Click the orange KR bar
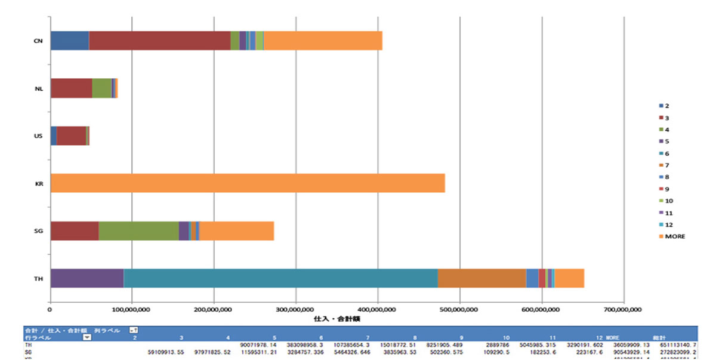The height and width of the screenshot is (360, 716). click(x=248, y=183)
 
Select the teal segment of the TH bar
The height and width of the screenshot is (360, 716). click(x=280, y=278)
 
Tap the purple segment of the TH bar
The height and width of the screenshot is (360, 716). click(x=87, y=278)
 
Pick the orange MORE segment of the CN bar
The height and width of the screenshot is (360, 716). click(x=323, y=41)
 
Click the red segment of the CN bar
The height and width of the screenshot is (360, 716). click(x=159, y=41)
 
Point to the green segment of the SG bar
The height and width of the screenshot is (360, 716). click(x=138, y=230)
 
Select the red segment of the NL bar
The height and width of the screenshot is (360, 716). click(x=72, y=88)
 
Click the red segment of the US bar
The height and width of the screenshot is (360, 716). click(x=71, y=136)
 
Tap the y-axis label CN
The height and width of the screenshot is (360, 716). click(x=38, y=41)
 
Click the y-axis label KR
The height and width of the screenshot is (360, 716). click(x=38, y=184)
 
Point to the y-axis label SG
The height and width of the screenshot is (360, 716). click(x=38, y=231)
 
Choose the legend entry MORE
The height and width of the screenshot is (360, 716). click(x=675, y=236)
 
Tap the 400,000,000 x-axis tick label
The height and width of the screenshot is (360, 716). click(x=378, y=309)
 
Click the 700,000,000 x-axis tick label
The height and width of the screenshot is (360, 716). click(x=623, y=309)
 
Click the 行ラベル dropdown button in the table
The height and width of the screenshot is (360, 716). click(x=87, y=337)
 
